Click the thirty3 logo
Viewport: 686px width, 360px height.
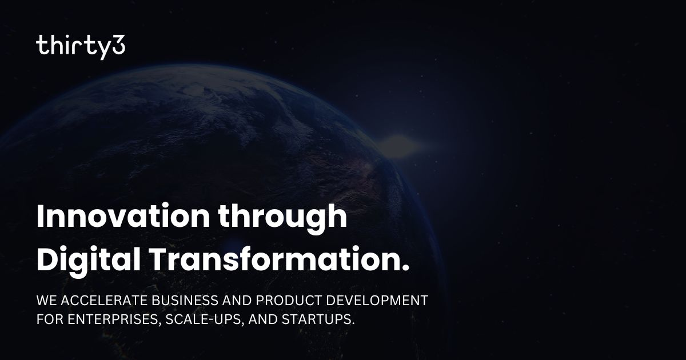point(81,46)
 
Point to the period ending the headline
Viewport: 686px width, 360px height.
point(406,267)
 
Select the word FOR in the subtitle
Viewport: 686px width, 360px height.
point(47,319)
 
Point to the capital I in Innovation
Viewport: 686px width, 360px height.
point(40,218)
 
